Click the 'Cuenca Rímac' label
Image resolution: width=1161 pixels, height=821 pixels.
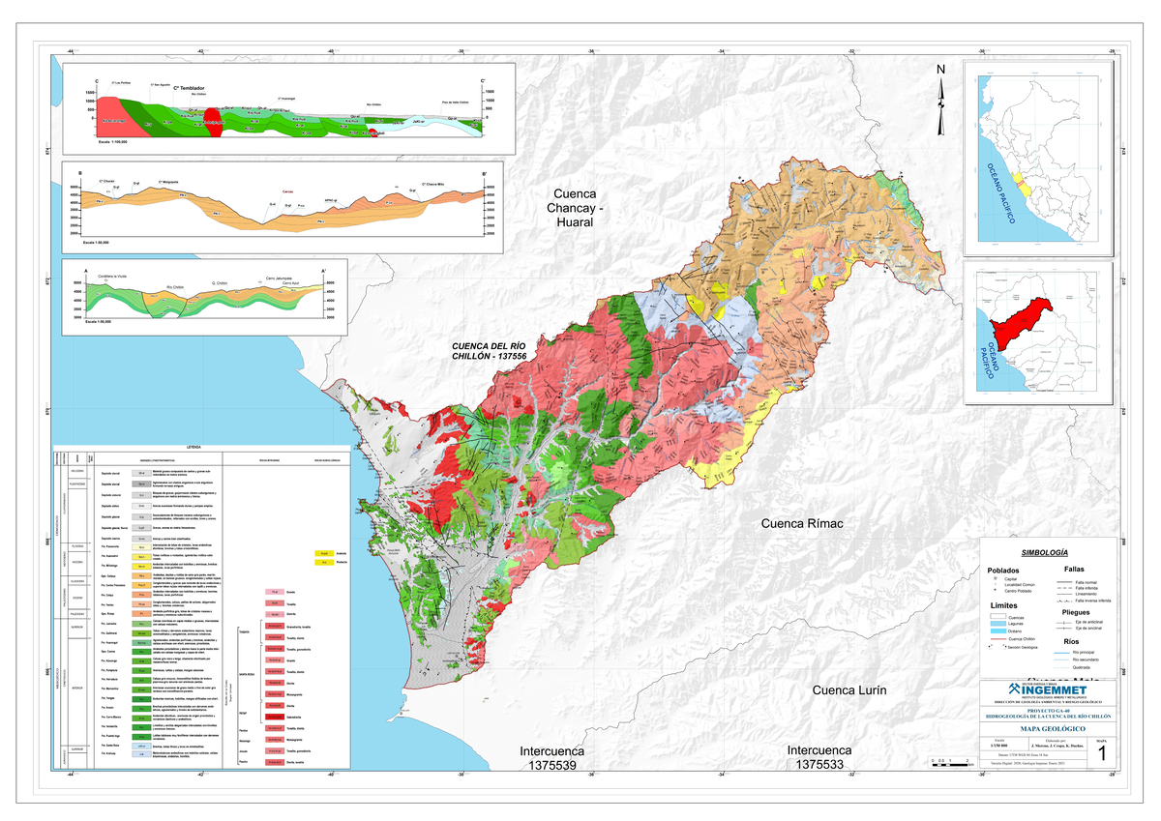802,523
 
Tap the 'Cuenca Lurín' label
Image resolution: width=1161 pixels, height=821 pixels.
848,690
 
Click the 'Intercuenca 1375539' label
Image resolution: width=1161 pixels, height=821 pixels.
552,758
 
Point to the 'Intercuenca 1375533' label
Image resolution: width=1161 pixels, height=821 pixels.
819,758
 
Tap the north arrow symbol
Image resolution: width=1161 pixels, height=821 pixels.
939,101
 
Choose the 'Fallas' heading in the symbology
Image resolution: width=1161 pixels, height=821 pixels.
1073,569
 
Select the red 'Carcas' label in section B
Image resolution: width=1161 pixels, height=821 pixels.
287,191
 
